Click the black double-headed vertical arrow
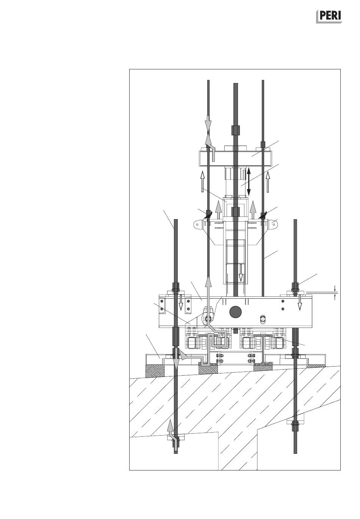(249, 182)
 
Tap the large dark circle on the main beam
(235, 312)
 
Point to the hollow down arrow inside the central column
(241, 273)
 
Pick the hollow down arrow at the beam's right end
(300, 303)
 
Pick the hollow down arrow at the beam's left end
(181, 303)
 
